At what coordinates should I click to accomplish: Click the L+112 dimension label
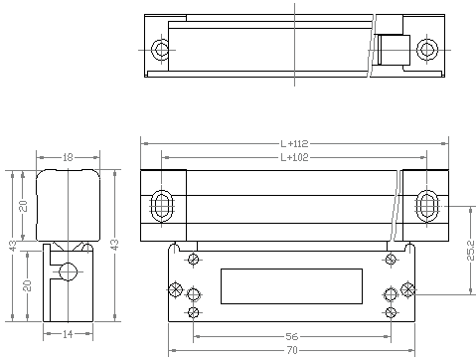coord(294,143)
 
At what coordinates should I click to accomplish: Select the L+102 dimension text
coord(294,157)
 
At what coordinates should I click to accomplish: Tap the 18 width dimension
coord(68,157)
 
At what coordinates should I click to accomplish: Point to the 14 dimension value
coord(68,334)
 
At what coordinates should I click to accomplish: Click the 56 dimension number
coord(292,336)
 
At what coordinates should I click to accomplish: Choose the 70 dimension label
coord(292,350)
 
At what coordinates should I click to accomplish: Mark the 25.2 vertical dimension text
coord(470,251)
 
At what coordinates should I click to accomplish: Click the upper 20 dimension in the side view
coord(23,206)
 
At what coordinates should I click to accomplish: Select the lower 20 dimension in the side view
coord(28,285)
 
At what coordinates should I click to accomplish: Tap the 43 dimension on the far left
coord(12,246)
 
